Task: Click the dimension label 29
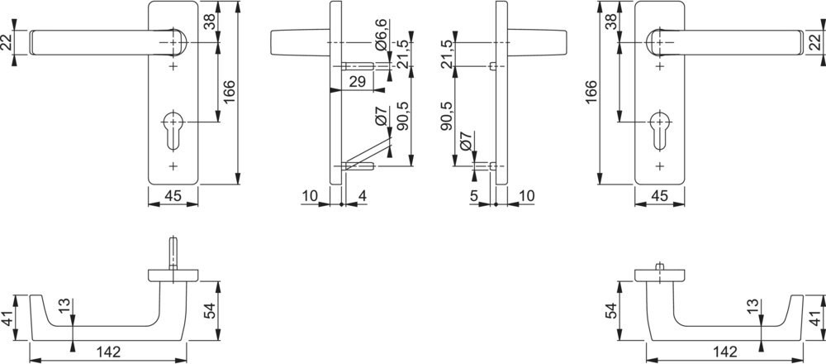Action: [357, 82]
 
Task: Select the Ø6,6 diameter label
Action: [382, 35]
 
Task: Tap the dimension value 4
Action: [362, 196]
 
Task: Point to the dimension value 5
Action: [473, 196]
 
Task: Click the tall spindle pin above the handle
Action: [173, 253]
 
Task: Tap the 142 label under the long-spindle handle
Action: [109, 352]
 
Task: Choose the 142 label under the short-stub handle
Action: [724, 352]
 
